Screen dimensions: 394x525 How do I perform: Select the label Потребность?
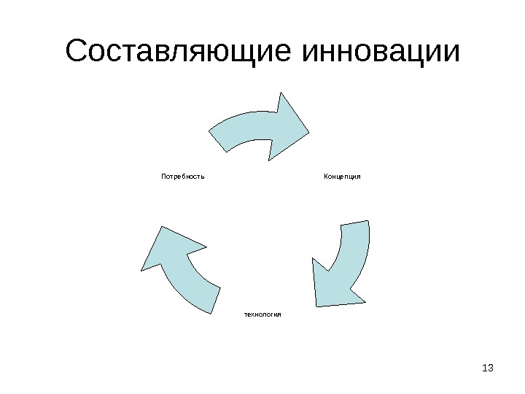click(x=182, y=176)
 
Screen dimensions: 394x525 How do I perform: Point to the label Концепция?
click(x=343, y=176)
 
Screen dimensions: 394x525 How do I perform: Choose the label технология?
click(x=262, y=314)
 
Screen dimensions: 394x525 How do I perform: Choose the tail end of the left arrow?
click(x=212, y=299)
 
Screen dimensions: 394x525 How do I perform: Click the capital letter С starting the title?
click(x=77, y=53)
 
